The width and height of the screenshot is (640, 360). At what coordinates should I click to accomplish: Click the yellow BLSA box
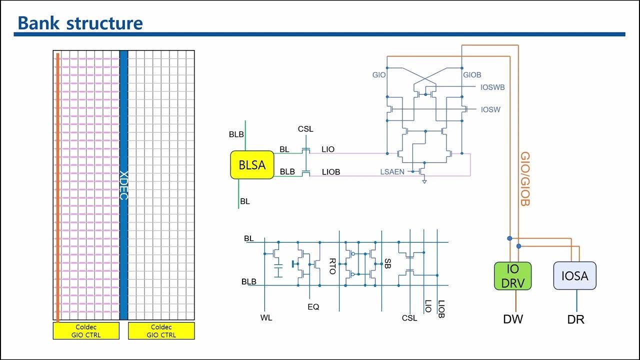point(252,165)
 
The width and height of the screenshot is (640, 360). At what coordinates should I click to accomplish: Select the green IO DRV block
point(512,275)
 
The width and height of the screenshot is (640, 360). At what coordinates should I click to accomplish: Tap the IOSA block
point(574,275)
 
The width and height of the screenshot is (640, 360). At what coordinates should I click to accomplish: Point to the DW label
point(513,319)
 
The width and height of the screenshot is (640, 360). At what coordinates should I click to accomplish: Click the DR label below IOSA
point(575,319)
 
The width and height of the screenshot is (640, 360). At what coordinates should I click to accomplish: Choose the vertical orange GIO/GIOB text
point(525,179)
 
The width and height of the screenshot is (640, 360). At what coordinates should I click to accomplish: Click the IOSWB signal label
point(492,87)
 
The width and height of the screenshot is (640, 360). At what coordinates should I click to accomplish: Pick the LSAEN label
point(392,172)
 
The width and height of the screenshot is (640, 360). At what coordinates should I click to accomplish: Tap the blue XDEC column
point(123,185)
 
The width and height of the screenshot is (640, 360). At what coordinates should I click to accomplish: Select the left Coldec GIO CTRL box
point(86,331)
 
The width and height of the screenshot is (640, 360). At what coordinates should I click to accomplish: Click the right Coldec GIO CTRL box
point(161,331)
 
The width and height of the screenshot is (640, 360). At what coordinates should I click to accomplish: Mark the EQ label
point(313,306)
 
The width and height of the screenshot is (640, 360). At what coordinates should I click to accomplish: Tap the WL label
point(266,317)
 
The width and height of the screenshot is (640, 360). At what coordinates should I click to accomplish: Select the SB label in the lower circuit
point(386,263)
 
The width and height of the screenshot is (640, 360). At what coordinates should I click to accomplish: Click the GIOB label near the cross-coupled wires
point(472,75)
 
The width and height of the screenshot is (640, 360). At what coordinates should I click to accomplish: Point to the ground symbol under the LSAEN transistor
point(424,182)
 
